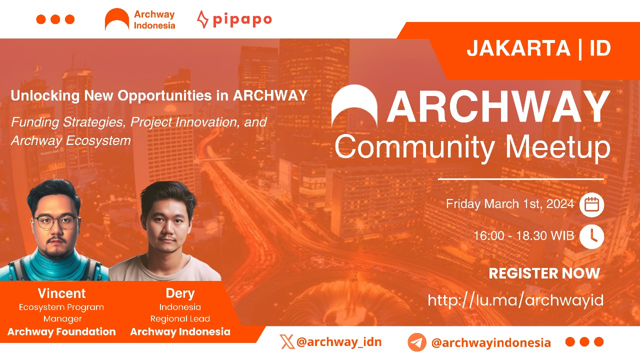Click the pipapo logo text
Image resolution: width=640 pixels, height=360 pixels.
coord(242,20)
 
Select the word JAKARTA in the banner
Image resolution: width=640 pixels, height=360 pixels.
coord(518,48)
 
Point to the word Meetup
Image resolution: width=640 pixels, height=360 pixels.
coord(557,147)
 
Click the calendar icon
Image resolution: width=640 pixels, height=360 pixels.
coord(591,204)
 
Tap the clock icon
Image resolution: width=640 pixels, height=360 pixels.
coord(591,236)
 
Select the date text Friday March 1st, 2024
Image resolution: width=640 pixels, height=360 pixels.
coord(510,204)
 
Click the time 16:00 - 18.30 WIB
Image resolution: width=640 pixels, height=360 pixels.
coord(523,235)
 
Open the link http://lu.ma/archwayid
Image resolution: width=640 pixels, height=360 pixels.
coord(515,300)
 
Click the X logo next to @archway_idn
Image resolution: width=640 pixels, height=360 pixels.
coord(287,341)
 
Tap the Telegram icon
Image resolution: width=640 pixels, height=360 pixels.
coord(417,342)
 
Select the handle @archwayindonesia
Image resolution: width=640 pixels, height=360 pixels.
coord(491,342)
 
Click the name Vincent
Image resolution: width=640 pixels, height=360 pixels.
coord(61,293)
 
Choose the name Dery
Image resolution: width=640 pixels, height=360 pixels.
coord(180,293)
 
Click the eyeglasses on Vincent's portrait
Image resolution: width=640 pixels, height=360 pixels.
coord(55,221)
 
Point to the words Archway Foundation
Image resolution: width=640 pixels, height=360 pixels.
coord(61,331)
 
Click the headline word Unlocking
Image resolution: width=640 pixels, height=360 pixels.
coord(45,95)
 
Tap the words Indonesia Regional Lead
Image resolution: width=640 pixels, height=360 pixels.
coord(180,313)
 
